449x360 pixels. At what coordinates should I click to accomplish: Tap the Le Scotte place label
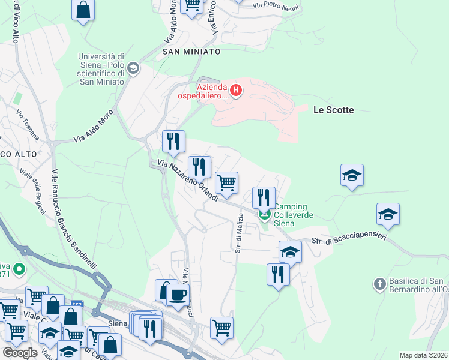pyautogui.click(x=334, y=110)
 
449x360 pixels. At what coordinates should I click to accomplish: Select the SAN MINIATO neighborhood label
pyautogui.click(x=191, y=52)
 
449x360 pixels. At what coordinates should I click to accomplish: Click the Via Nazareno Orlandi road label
pyautogui.click(x=188, y=180)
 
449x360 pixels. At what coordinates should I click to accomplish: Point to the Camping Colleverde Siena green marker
pyautogui.click(x=264, y=214)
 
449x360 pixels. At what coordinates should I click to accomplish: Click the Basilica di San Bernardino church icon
pyautogui.click(x=379, y=283)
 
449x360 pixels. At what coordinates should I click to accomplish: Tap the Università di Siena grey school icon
pyautogui.click(x=133, y=68)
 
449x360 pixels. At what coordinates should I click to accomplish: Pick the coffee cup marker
pyautogui.click(x=177, y=295)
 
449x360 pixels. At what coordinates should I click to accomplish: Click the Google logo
pyautogui.click(x=20, y=353)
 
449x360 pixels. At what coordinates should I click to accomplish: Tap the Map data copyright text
pyautogui.click(x=423, y=355)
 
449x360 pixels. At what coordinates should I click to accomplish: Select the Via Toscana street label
pyautogui.click(x=28, y=125)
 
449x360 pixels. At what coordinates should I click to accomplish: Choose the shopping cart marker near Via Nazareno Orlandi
pyautogui.click(x=226, y=182)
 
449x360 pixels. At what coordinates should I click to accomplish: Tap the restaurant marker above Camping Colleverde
pyautogui.click(x=264, y=197)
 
